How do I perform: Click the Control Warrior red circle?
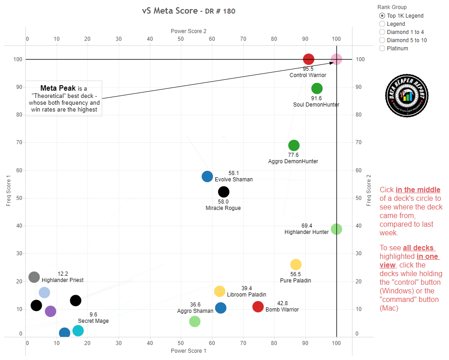[x=309, y=59]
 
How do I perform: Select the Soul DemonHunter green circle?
[x=317, y=88]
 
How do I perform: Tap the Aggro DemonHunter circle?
[x=294, y=146]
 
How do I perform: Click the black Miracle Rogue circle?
[x=223, y=192]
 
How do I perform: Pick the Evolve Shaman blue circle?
[x=207, y=176]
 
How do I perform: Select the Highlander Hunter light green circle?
[x=336, y=229]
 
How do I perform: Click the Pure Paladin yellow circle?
[x=295, y=264]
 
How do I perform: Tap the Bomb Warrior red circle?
[x=258, y=306]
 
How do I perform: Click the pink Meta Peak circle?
[x=336, y=59]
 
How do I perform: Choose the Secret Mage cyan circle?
[x=78, y=331]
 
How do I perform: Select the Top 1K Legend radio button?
[x=382, y=16]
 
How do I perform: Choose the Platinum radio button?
[x=382, y=49]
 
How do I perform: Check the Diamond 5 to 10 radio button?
[x=382, y=40]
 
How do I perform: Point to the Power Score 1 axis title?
[x=188, y=351]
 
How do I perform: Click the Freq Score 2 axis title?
[x=369, y=190]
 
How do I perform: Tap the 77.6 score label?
[x=294, y=155]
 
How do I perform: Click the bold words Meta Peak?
[x=58, y=88]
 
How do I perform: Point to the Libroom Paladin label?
[x=246, y=295]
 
